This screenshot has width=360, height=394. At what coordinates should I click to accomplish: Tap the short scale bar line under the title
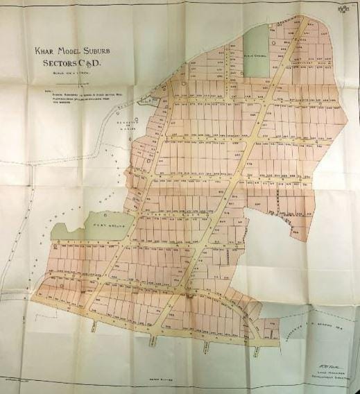click(x=71, y=82)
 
